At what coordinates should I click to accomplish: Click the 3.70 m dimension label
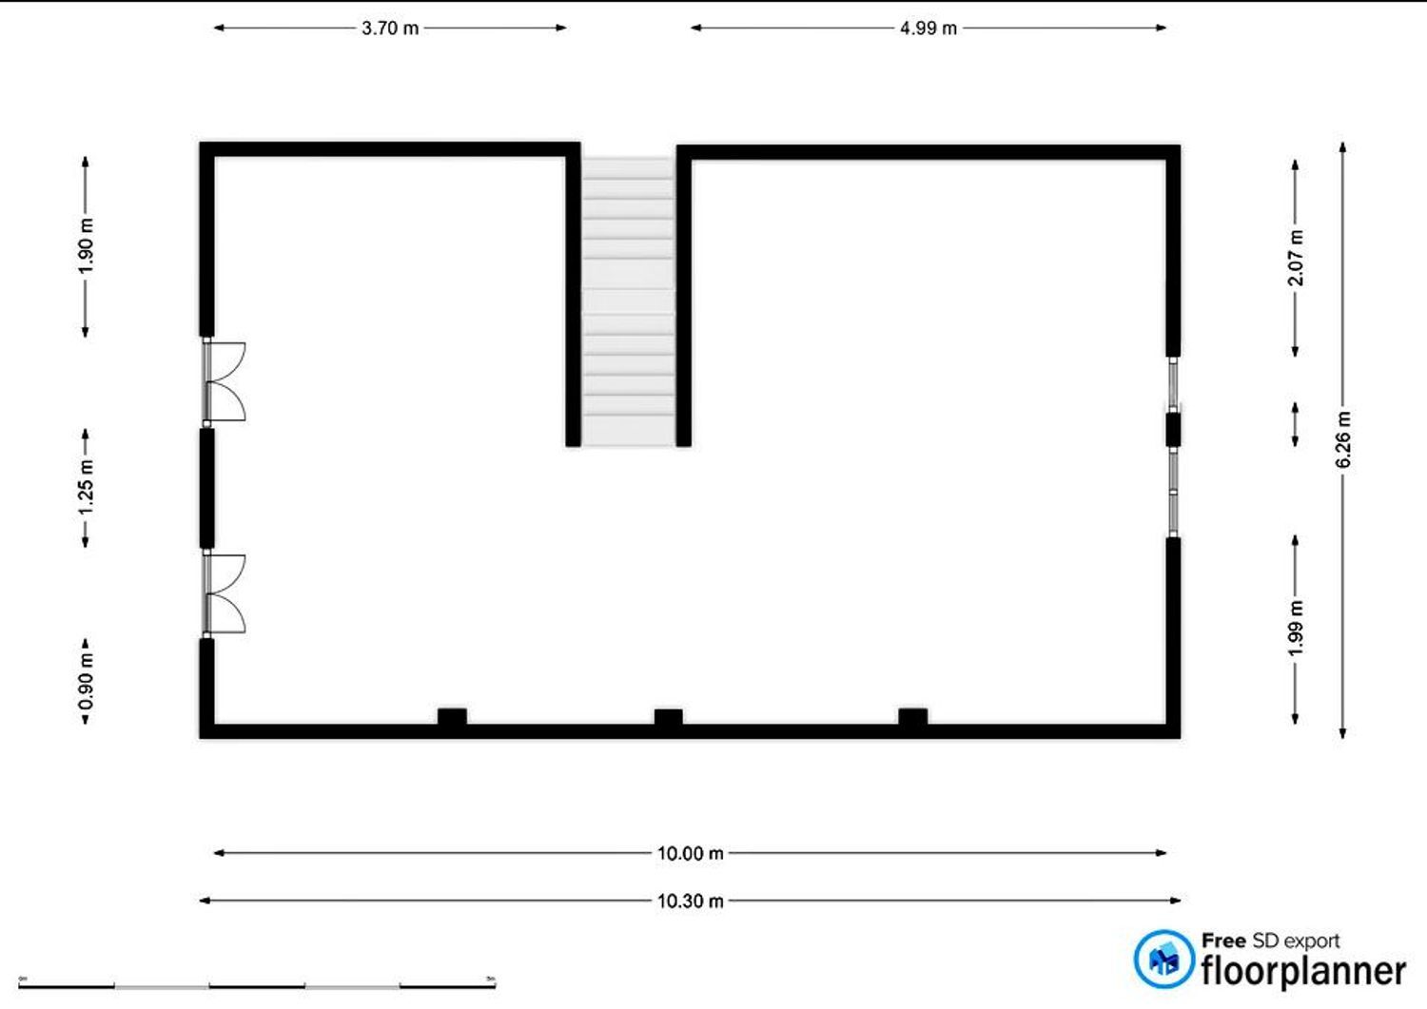click(x=390, y=29)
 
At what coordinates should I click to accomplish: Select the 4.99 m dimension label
click(x=929, y=29)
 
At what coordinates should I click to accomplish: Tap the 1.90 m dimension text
click(x=86, y=246)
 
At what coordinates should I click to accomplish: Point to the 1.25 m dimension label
click(x=86, y=488)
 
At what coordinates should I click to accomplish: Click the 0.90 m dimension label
click(x=86, y=682)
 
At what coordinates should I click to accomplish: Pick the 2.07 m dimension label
click(x=1295, y=258)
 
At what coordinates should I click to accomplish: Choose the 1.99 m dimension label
click(x=1295, y=628)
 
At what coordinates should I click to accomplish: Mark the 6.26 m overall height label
click(x=1343, y=439)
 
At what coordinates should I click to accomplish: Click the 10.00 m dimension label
click(x=691, y=853)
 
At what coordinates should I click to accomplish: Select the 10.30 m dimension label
click(x=691, y=901)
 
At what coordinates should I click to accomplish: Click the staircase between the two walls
click(x=628, y=301)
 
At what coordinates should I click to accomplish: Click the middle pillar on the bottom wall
click(x=668, y=717)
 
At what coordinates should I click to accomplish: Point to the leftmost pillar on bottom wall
click(x=452, y=716)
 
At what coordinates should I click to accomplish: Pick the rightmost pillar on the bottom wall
click(x=913, y=716)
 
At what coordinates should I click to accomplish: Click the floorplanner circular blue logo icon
click(x=1163, y=960)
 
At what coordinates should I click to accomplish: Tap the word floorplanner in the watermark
click(x=1303, y=971)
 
